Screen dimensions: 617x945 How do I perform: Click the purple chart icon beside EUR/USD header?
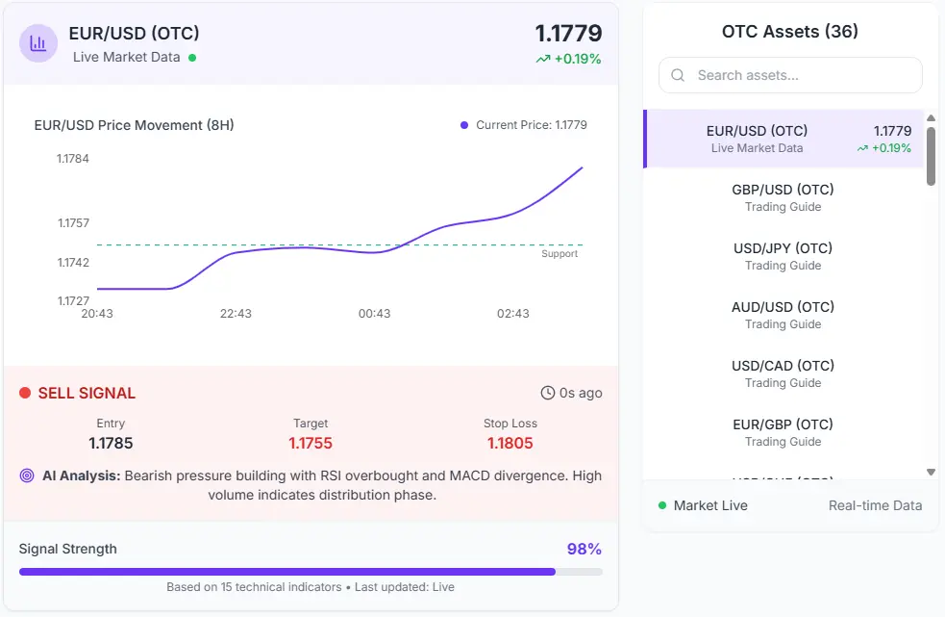click(38, 43)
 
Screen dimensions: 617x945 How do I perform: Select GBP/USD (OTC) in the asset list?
click(783, 197)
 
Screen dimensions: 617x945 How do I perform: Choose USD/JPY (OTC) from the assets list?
click(783, 256)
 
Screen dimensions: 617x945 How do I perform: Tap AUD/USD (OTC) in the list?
click(783, 315)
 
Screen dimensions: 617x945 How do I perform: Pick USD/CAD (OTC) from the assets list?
click(783, 373)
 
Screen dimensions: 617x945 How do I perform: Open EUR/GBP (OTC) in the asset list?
click(783, 432)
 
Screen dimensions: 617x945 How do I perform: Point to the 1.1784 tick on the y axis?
click(73, 159)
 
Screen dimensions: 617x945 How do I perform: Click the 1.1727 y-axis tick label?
click(73, 300)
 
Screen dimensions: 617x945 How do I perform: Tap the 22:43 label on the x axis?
click(236, 314)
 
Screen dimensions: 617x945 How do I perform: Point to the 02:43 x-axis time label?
click(512, 314)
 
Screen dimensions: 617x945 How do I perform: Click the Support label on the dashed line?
click(560, 254)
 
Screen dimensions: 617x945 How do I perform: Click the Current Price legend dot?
click(464, 125)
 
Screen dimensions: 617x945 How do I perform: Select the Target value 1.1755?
click(311, 444)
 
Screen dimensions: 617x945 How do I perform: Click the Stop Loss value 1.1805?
click(510, 444)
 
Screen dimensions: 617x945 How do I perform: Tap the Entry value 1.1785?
click(111, 444)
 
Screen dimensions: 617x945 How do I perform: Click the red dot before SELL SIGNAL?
click(25, 393)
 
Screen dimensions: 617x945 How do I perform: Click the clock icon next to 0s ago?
click(548, 393)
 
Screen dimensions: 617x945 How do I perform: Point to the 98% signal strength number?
click(584, 549)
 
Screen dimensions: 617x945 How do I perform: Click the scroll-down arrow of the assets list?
click(931, 472)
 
